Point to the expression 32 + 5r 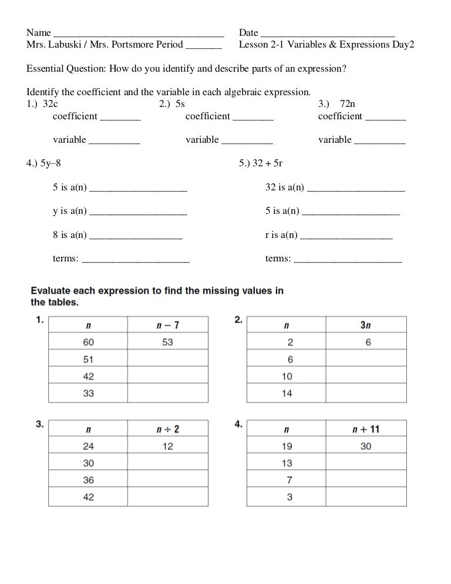click(272, 165)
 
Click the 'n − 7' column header click(167, 325)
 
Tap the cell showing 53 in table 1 click(167, 342)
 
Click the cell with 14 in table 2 click(287, 394)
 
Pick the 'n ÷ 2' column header click(167, 429)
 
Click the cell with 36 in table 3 click(88, 480)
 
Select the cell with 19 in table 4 click(287, 446)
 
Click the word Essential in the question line click(47, 69)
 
